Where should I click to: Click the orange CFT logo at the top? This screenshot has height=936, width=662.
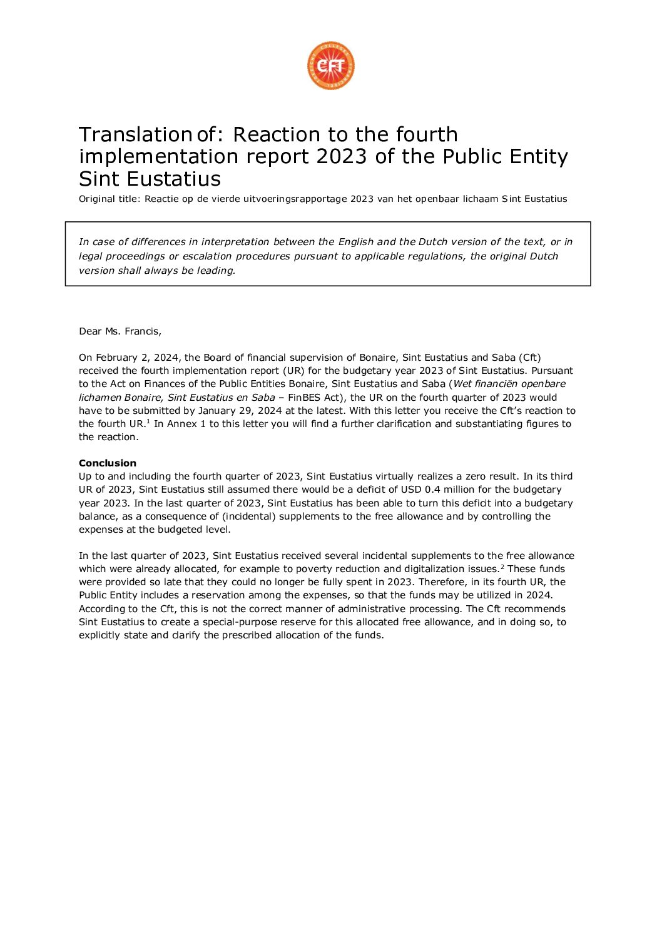pyautogui.click(x=330, y=66)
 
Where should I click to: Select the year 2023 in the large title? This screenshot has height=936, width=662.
pyautogui.click(x=341, y=156)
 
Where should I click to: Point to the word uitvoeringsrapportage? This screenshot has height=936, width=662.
pyautogui.click(x=295, y=199)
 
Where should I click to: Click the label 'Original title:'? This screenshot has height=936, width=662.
pyautogui.click(x=109, y=199)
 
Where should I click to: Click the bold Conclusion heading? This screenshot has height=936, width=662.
pyautogui.click(x=108, y=463)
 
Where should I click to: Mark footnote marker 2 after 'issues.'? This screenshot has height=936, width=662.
pyautogui.click(x=502, y=566)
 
